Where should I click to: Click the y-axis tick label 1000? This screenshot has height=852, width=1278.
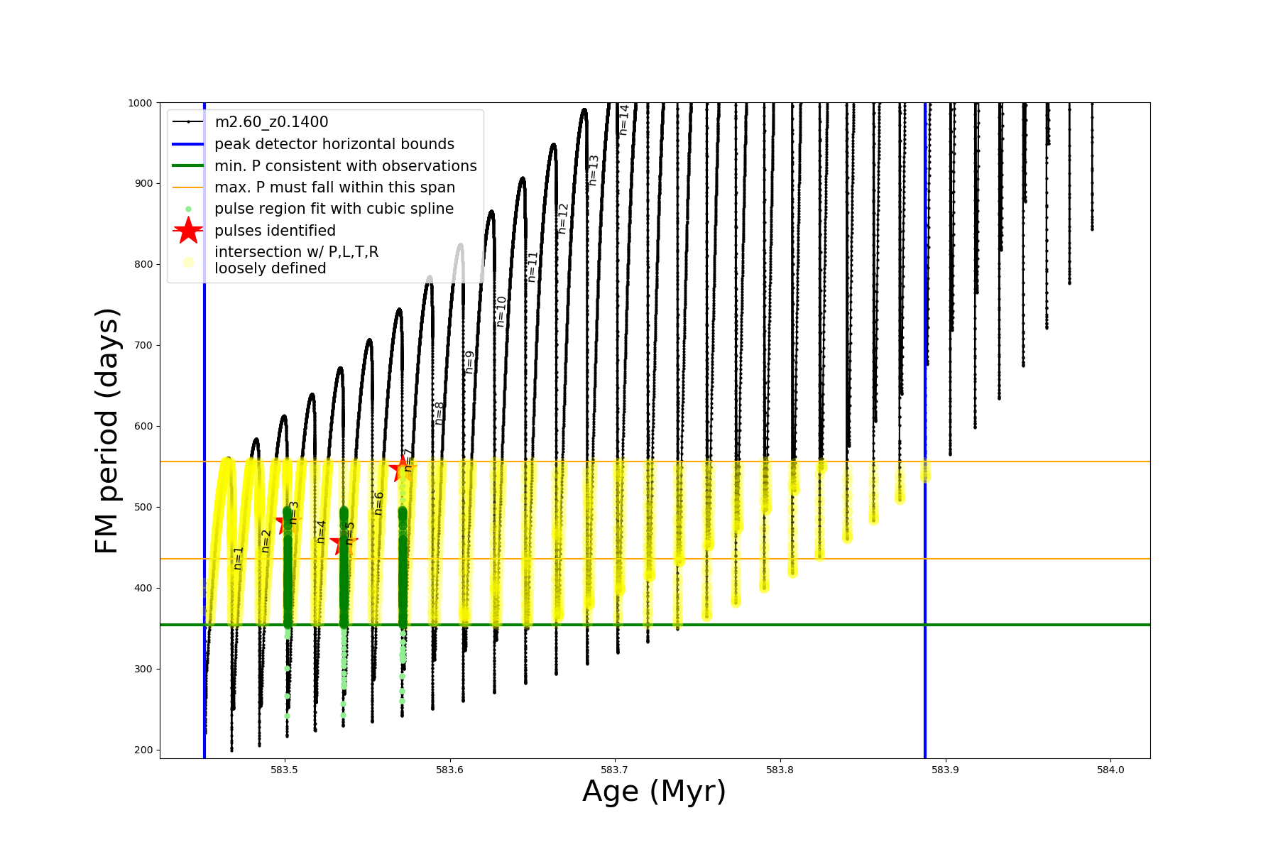coord(140,103)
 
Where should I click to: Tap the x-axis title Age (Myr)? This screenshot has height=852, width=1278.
coord(654,792)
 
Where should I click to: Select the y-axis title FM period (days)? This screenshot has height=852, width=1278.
coord(107,431)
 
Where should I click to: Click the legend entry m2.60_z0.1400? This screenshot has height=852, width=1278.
coord(271,122)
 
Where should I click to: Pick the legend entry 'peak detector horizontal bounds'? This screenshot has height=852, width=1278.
coord(334,144)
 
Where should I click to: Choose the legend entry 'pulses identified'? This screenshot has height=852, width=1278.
coord(275,231)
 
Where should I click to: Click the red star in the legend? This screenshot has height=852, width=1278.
coord(188,231)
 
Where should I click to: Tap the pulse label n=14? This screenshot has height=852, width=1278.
coord(624,119)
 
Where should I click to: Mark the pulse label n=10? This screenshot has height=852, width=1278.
coord(501,311)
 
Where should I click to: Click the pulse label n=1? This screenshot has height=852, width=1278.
coord(239,557)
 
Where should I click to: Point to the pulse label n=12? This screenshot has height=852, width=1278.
coord(563,219)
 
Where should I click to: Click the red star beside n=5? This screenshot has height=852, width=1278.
coord(343,544)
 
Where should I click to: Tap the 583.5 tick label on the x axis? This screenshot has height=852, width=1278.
coord(285,770)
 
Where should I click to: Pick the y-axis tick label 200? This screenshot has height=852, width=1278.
coord(143,750)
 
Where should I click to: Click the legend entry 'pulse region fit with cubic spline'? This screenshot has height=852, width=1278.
coord(334,209)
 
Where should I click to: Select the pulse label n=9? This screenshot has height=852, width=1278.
coord(469,362)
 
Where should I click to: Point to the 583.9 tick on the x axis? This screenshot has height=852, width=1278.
coord(945,770)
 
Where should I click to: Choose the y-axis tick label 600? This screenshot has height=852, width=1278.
coord(143,426)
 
